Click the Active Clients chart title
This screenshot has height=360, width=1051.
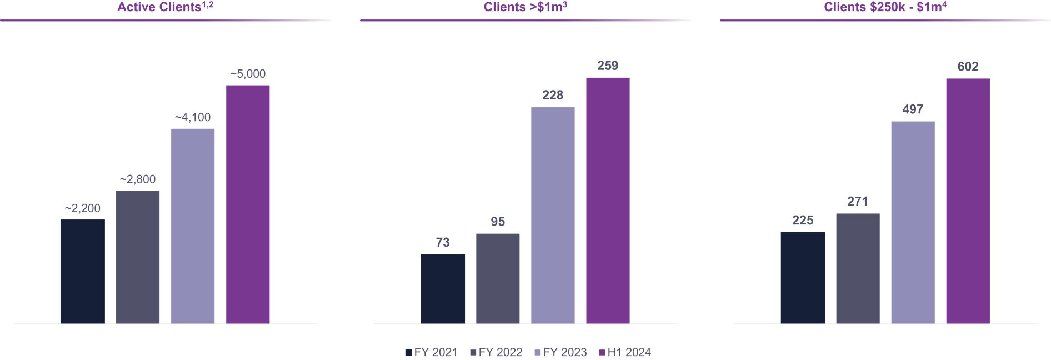165,7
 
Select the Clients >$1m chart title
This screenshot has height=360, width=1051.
525,7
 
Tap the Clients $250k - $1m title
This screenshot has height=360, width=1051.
885,7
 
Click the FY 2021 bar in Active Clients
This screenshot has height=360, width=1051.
82,271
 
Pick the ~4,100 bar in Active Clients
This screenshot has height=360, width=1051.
193,226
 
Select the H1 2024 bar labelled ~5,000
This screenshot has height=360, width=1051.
248,204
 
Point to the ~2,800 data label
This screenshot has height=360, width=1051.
138,179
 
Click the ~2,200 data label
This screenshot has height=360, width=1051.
83,208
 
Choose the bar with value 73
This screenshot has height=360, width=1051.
443,289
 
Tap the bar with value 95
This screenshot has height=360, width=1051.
498,278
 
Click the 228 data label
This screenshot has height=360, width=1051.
553,96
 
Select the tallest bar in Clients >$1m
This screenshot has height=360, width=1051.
608,201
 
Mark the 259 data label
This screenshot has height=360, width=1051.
608,66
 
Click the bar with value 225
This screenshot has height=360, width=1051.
803,278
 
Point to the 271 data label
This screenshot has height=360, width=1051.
858,202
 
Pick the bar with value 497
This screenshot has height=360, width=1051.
913,222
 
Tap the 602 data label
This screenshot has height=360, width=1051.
968,67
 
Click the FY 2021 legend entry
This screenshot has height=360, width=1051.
432,352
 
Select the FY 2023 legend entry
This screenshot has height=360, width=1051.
560,352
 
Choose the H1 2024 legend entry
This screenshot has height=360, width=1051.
625,352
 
